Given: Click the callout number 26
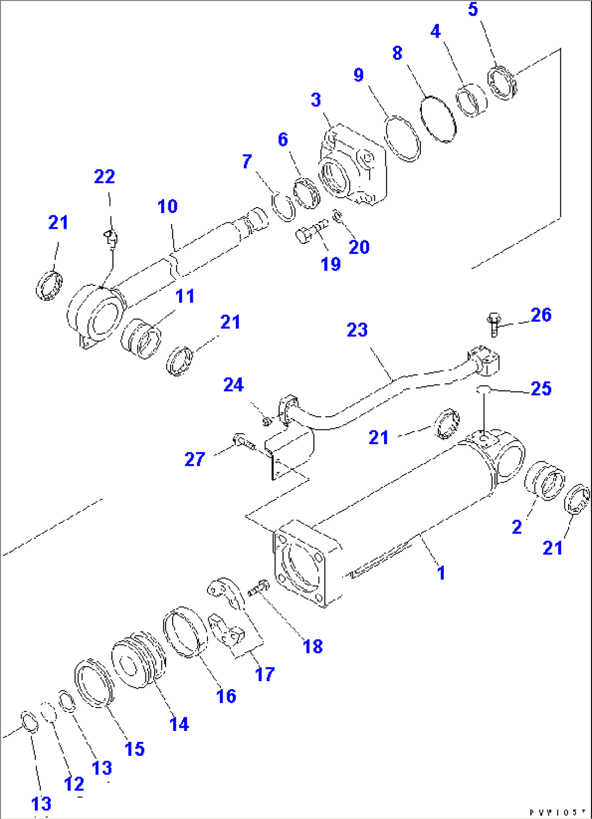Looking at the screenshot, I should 540,315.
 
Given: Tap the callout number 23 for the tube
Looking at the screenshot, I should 357,330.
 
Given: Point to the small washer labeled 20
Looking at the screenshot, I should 337,216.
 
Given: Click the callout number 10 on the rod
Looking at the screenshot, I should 167,207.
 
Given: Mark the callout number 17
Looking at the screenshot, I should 265,674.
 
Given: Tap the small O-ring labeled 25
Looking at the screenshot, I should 483,389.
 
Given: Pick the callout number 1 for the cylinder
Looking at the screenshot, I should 441,573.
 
